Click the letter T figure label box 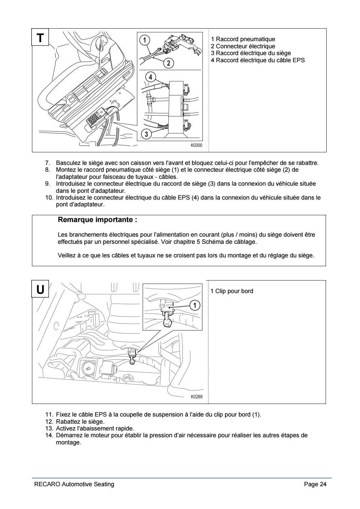(40, 37)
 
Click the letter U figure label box (40, 289)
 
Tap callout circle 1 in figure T (145, 40)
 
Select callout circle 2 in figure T (168, 63)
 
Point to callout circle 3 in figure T (146, 134)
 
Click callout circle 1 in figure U (194, 305)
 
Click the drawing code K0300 (196, 146)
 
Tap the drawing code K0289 (196, 397)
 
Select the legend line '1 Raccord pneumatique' (243, 39)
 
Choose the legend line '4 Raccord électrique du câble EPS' (258, 60)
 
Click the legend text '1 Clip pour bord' (232, 291)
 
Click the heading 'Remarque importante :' (98, 220)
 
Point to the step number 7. (48, 163)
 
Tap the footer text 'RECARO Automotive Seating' (74, 484)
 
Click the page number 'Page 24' (315, 484)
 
